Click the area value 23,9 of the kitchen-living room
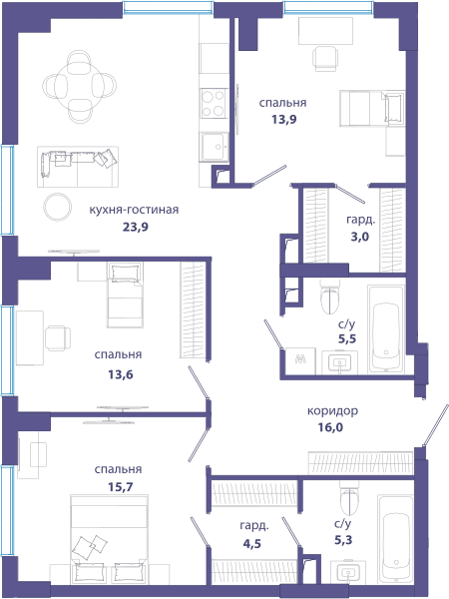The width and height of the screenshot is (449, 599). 136,228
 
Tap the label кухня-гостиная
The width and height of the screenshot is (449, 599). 134,210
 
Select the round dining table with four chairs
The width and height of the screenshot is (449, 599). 80,86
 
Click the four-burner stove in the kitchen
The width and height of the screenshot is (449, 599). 214,103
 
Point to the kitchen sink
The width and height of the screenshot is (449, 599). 215,147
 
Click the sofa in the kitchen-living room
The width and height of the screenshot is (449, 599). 78,166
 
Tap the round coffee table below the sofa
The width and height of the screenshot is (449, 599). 57,207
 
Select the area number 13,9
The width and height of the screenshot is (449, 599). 283,120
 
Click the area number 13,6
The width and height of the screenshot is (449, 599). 121,374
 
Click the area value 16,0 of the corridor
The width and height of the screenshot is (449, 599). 330,427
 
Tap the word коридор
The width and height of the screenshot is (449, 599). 332,411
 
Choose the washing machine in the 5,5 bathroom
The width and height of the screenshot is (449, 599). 301,361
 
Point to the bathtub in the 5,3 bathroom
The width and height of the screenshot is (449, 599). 396,540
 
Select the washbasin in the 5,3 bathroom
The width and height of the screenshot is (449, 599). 348,572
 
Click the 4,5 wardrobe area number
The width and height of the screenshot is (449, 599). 252,543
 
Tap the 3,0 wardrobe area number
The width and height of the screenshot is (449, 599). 360,237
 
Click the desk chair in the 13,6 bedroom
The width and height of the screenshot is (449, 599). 58,338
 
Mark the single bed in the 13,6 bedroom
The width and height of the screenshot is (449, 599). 125,295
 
